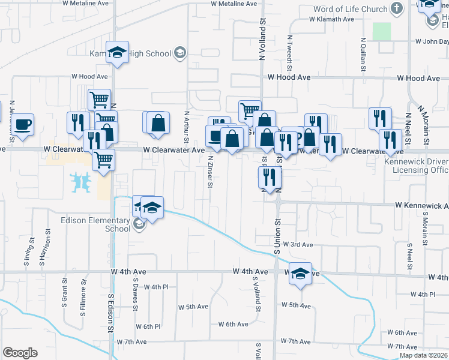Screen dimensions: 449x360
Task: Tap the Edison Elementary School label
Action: coord(95,224)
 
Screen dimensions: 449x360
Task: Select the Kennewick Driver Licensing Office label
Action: coord(419,166)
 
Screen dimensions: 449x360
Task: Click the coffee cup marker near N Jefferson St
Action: coord(23,125)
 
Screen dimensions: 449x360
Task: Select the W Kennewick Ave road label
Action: coord(421,206)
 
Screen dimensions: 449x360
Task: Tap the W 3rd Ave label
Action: coord(298,245)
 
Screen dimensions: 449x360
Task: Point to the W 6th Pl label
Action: coord(148,327)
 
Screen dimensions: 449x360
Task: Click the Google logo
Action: coord(20,353)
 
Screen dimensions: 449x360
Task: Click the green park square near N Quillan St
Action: coord(381,31)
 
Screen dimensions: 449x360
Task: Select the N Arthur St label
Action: coord(187,126)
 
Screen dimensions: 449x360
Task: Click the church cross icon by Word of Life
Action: coord(396,8)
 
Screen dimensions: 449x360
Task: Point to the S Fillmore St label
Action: coord(82,302)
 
